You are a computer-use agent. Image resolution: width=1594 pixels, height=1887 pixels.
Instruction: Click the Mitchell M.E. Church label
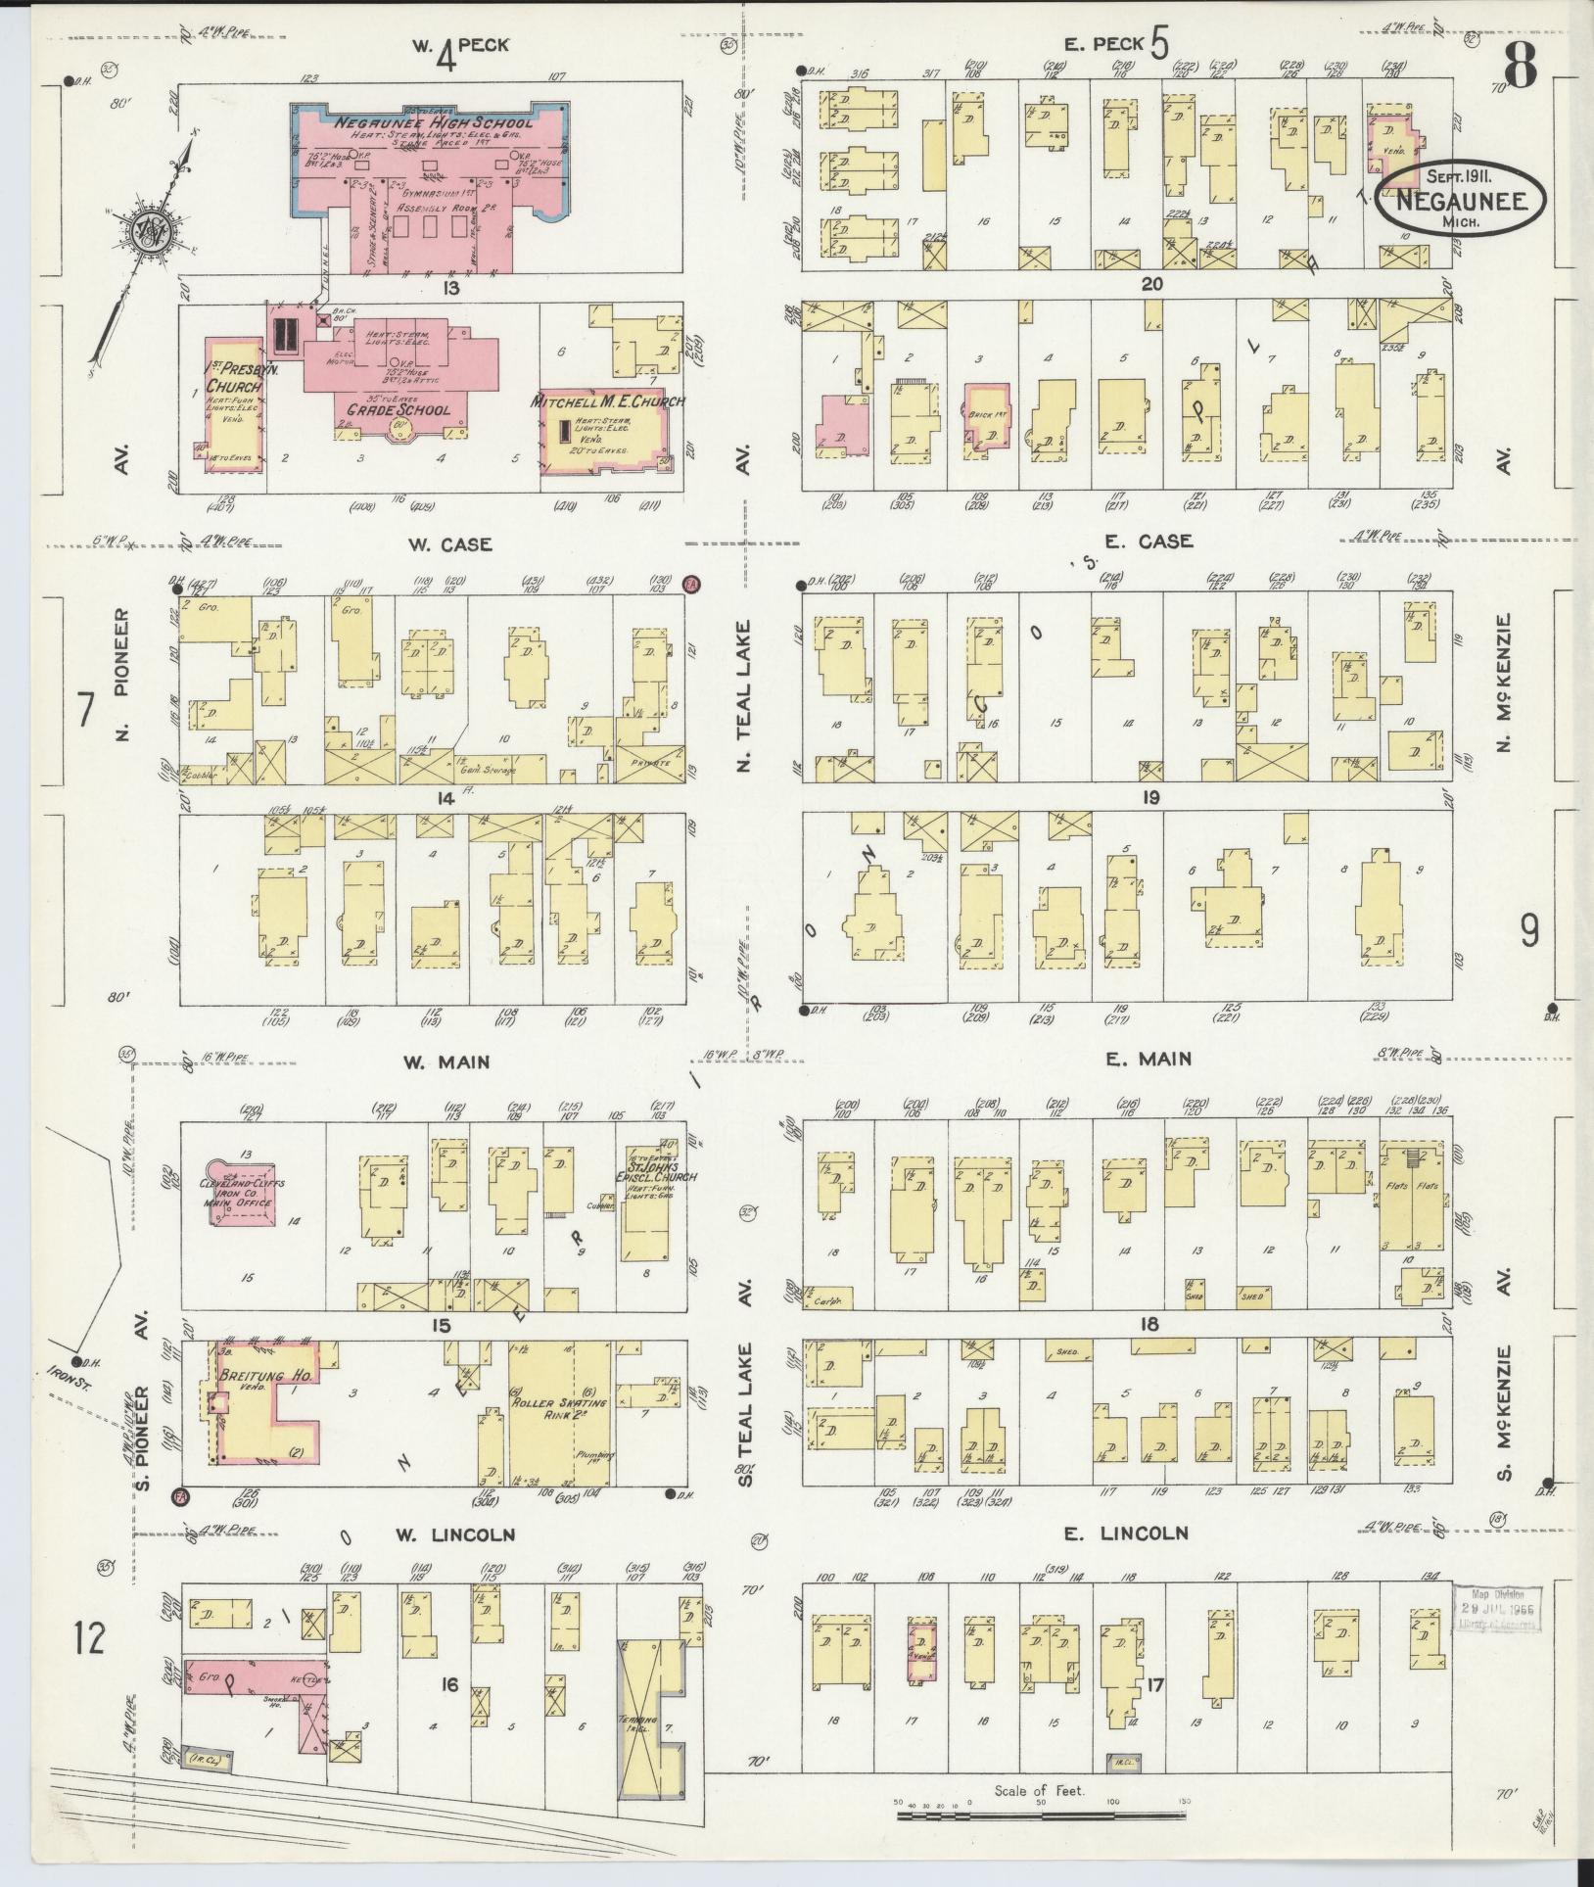coord(607,401)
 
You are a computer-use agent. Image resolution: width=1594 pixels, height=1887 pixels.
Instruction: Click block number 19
coord(1149,798)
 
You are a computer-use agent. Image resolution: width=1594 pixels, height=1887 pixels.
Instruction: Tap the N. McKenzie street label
coord(1505,683)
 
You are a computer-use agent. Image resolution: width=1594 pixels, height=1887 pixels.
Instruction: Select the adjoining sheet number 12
coord(89,1636)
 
